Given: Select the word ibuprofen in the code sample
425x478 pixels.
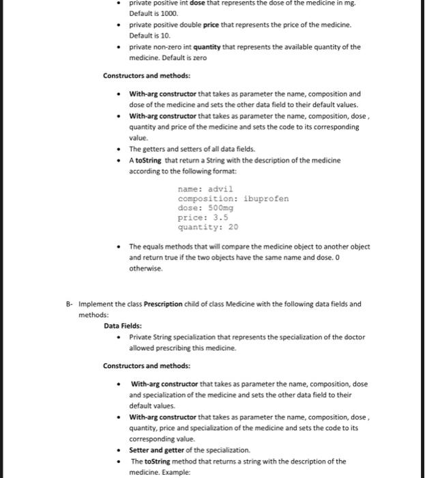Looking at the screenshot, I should [x=265, y=198].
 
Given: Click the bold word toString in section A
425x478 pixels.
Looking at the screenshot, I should [x=149, y=160].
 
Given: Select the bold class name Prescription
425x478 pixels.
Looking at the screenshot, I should [x=158, y=305].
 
